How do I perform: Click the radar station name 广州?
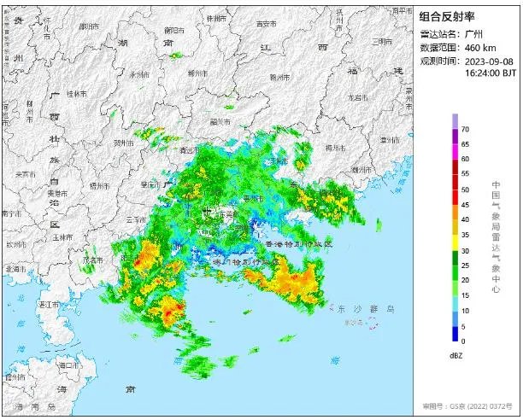(x=475, y=33)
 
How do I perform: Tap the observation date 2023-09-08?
(x=491, y=61)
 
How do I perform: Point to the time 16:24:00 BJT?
(x=491, y=73)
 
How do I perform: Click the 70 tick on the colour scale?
(x=466, y=129)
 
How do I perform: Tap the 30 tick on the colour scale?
(x=466, y=250)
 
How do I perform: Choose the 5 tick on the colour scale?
(x=464, y=326)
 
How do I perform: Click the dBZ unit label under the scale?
(x=455, y=353)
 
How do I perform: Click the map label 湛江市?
(x=50, y=304)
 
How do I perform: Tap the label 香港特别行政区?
(x=297, y=244)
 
